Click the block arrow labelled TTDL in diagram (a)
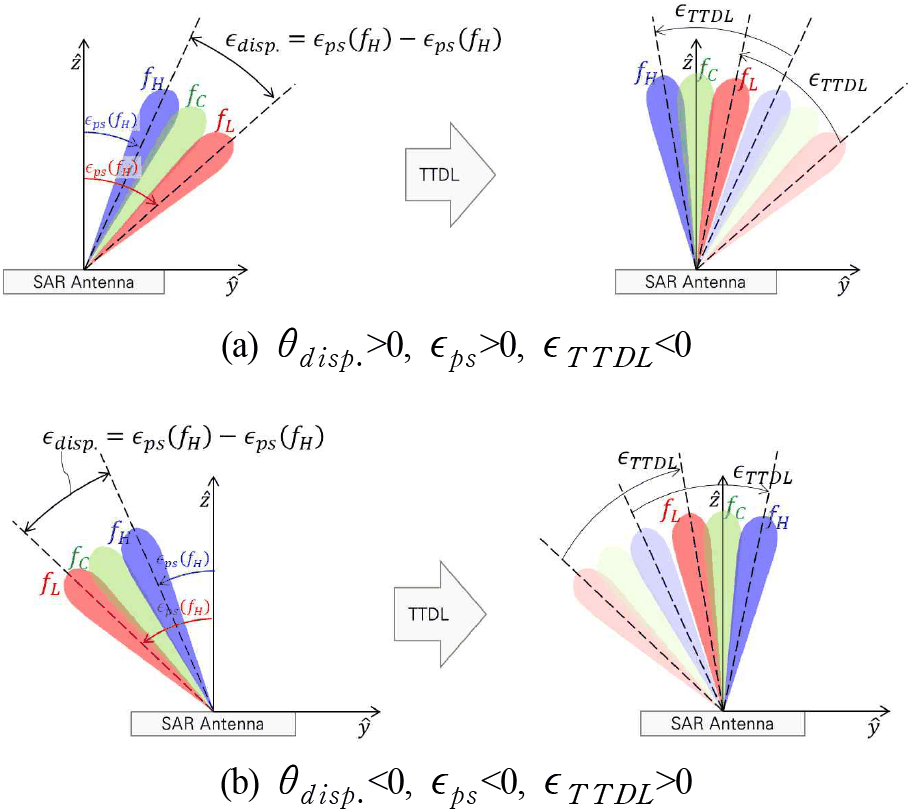[450, 175]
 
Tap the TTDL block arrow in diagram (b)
[440, 613]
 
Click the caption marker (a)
[239, 347]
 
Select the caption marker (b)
[239, 783]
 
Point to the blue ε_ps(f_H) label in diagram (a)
[111, 121]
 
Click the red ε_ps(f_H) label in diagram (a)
[111, 168]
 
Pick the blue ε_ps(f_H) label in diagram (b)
[182, 560]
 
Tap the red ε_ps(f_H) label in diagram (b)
[182, 608]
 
